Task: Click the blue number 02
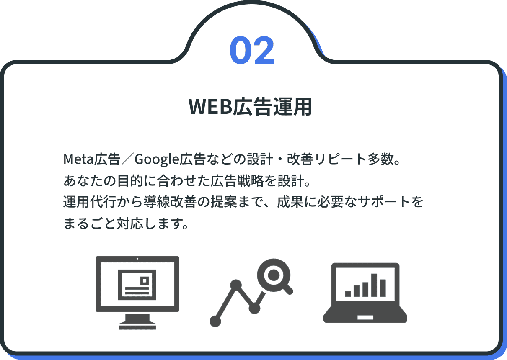point(252,50)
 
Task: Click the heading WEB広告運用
point(250,107)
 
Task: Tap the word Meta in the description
point(78,159)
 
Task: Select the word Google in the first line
point(157,159)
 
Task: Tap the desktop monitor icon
point(137,293)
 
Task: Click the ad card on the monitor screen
point(137,285)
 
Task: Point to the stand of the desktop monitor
point(137,321)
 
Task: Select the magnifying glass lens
point(274,275)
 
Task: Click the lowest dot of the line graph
point(215,321)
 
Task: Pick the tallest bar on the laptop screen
point(374,285)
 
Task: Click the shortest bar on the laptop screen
point(348,294)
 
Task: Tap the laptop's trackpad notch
point(365,317)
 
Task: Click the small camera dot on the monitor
point(137,259)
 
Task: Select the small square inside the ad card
point(145,281)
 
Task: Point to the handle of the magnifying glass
point(288,289)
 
